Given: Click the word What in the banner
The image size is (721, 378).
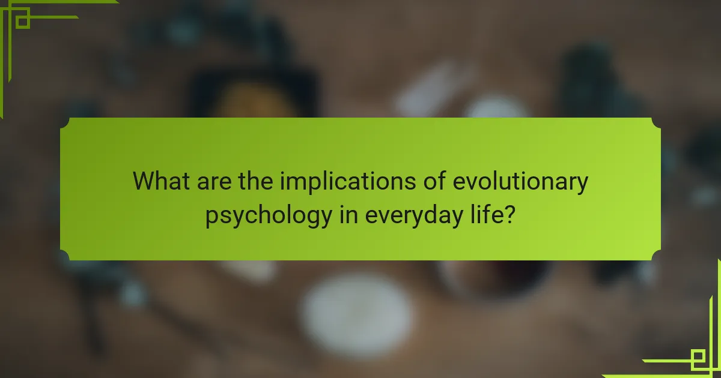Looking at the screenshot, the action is tap(161, 181).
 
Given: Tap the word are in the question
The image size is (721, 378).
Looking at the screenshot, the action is tap(214, 182).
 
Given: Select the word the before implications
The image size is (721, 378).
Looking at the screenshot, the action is tap(255, 181).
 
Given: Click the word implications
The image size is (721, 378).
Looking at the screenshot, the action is tap(348, 182).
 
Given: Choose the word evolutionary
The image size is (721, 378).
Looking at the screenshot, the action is tap(520, 182).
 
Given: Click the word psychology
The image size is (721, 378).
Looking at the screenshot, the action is tap(269, 217).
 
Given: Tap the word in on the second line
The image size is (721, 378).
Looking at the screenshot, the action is tap(348, 214).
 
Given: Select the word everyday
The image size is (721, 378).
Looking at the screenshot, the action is tap(414, 217).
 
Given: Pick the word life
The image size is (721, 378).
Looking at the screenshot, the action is tap(486, 214).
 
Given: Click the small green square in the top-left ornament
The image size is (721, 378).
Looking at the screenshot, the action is tap(23, 22).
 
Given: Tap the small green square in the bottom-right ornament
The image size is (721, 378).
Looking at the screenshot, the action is tap(698, 356).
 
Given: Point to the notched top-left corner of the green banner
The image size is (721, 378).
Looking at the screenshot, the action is tap(65, 123).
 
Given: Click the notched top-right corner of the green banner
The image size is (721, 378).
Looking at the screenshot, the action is tap(656, 123).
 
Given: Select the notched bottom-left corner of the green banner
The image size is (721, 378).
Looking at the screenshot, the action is tap(65, 256).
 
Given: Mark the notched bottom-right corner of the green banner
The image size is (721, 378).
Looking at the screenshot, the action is tap(656, 256).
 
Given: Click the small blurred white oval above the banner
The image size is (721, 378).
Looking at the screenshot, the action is tap(496, 107).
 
